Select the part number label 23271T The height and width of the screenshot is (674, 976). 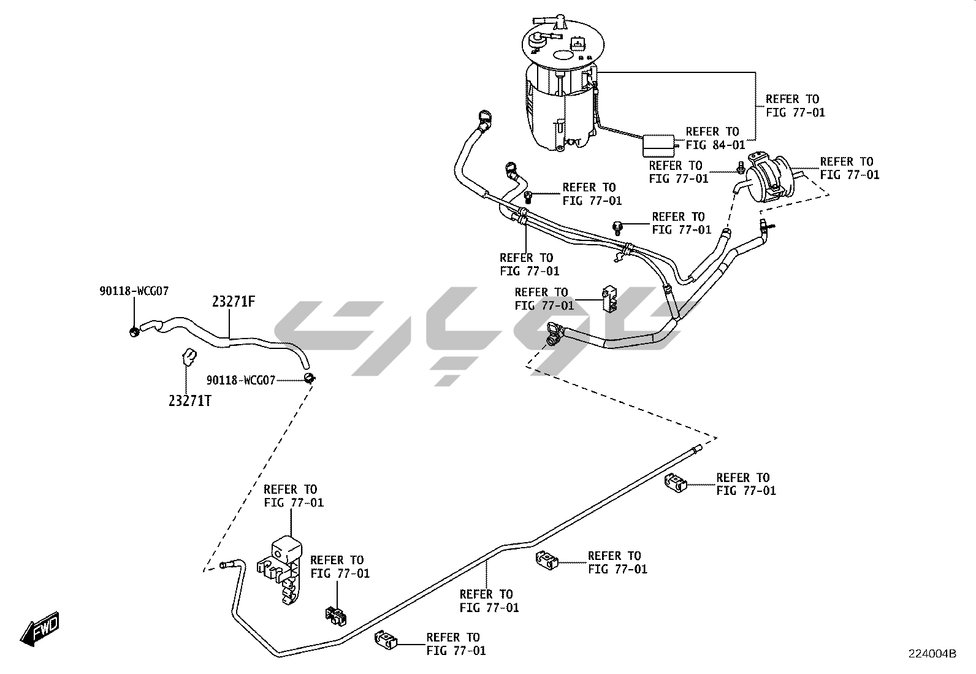click(x=190, y=400)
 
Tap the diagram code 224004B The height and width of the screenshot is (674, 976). click(x=932, y=653)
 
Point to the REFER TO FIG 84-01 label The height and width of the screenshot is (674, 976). click(x=715, y=138)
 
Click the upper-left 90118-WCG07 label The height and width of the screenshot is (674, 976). click(x=134, y=291)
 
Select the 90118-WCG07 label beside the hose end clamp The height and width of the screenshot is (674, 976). click(x=240, y=380)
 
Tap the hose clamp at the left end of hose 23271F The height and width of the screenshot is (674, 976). click(x=134, y=332)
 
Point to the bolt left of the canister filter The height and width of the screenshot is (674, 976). click(x=741, y=166)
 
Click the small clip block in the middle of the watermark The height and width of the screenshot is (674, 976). click(x=609, y=298)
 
